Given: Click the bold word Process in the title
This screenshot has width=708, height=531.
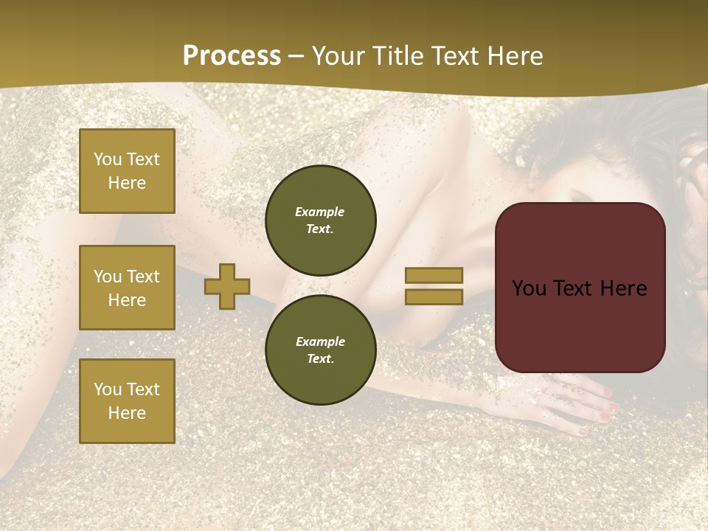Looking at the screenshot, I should coord(232,55).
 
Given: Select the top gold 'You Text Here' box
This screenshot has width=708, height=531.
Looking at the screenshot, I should coord(127,171).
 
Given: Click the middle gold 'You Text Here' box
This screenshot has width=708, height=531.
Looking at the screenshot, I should coord(127,288).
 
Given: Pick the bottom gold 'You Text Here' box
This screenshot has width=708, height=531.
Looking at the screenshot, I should coord(127,400).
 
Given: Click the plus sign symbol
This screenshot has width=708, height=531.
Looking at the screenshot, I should coord(227,286).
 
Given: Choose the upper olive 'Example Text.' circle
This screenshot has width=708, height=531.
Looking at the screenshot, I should coord(321,221).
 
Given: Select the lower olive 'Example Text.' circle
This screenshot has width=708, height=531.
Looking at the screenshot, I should coord(321,350).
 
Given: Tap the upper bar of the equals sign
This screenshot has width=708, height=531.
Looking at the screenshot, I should coord(434,275).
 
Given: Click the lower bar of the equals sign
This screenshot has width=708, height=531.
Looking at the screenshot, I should coord(434,296).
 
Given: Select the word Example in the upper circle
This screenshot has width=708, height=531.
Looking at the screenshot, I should coord(320,212).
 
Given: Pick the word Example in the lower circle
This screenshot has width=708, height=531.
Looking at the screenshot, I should coord(320,341).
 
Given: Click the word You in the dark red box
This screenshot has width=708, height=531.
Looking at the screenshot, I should coord(529,288).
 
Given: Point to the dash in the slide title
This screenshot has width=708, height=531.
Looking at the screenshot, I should coord(296,56).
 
